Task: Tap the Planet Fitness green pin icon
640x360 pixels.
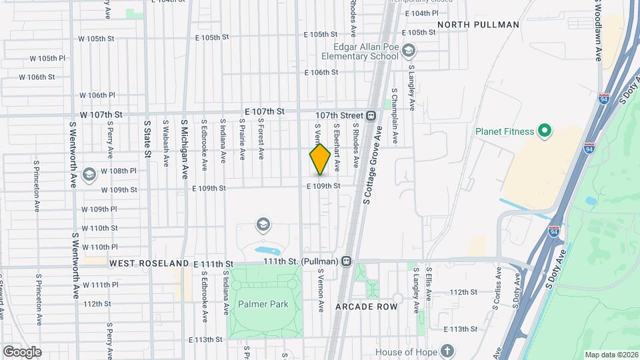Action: click(x=545, y=131)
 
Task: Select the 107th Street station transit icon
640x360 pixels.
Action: click(x=372, y=115)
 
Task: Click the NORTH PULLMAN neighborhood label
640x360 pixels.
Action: click(x=478, y=25)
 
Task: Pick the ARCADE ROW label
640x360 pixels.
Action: click(x=367, y=307)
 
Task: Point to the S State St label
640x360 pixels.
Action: click(x=147, y=140)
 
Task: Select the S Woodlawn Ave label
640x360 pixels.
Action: click(x=599, y=33)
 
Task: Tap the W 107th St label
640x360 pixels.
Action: click(x=101, y=115)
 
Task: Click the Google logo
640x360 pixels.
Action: click(x=22, y=351)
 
